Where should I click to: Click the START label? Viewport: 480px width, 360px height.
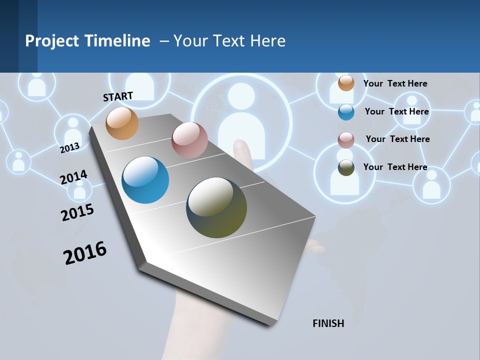point(118,96)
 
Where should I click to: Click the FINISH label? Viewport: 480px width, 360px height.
point(328,323)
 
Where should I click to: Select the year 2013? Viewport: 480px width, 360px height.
point(70,147)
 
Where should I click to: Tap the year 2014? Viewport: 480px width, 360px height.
point(74,177)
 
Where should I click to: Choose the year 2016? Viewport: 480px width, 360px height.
point(85,252)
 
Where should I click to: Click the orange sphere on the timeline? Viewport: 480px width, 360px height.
point(122,123)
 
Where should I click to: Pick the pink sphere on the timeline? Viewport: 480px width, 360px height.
point(189,140)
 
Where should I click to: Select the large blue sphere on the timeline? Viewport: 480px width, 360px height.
point(145,180)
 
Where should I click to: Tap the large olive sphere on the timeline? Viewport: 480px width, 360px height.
point(216,207)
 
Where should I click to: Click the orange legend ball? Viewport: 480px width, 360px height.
point(346,83)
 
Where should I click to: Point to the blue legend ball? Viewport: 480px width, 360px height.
point(346,112)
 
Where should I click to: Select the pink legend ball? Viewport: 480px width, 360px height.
point(346,140)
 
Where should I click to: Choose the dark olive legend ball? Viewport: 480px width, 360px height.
point(346,167)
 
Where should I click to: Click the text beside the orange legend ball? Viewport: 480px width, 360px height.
point(395,83)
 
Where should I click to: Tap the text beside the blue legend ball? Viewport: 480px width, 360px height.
point(396,111)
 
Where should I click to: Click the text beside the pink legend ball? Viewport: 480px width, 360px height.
point(397,139)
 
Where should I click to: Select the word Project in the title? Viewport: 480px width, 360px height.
point(52,41)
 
